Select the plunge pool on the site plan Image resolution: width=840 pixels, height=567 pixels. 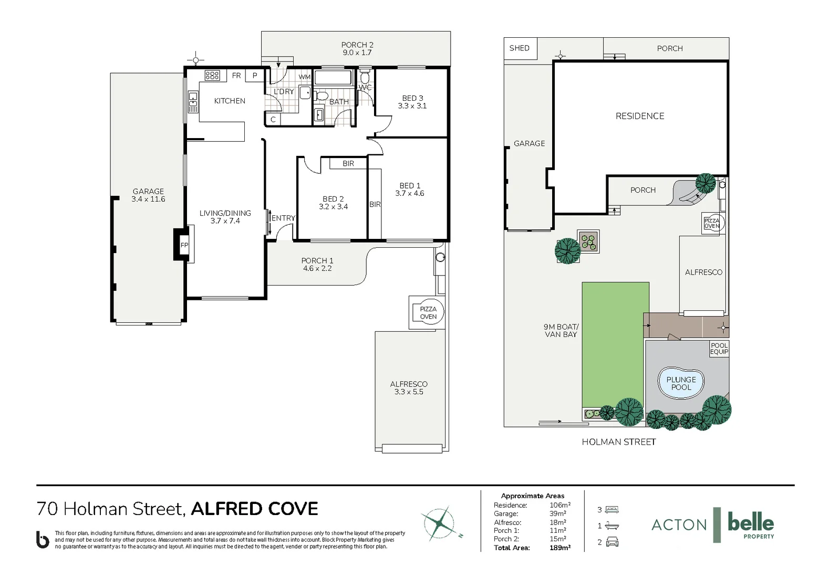point(681,383)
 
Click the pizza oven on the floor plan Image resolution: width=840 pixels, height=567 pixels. point(428,313)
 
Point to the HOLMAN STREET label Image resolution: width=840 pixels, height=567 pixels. point(618,442)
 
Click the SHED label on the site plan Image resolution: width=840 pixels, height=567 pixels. point(519,48)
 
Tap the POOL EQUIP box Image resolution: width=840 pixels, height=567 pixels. point(719,349)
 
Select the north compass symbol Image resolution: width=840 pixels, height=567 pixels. point(439,523)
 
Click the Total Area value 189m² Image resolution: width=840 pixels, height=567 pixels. point(560,548)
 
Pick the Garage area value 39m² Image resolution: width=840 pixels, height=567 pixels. point(558,513)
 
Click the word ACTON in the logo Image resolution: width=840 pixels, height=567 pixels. point(679,524)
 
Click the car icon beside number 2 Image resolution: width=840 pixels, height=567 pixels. point(612,542)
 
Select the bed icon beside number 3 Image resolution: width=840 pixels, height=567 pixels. point(612,509)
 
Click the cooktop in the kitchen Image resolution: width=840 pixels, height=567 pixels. point(212,76)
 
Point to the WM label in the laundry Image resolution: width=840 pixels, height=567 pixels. point(305,77)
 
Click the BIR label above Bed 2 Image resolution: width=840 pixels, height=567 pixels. point(348,164)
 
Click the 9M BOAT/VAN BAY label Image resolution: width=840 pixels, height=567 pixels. point(561,330)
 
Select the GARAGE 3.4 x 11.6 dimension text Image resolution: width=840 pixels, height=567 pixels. point(148,199)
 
